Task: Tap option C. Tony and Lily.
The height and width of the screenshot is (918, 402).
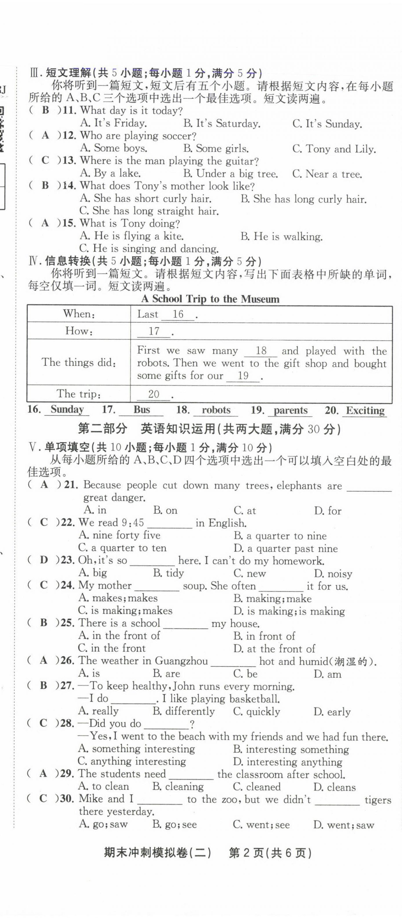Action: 334,149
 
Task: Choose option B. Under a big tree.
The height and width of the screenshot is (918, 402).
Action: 230,174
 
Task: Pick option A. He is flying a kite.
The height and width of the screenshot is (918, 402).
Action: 131,236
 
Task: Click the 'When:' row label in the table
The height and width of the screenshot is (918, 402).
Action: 79,314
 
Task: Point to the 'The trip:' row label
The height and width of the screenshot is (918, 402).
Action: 79,394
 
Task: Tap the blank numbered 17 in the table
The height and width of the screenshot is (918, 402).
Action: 154,331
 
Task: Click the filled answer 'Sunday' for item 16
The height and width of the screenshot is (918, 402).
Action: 67,409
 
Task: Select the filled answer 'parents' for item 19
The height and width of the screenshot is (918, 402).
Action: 290,410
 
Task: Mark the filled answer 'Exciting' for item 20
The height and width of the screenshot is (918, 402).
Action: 365,411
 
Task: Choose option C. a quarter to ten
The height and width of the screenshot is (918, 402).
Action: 122,548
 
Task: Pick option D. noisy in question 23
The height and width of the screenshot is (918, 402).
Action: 333,573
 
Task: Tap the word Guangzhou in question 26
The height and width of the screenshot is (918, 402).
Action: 181,661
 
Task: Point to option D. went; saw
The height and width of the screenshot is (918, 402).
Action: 344,825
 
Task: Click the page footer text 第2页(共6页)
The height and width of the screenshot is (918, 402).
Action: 270,853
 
